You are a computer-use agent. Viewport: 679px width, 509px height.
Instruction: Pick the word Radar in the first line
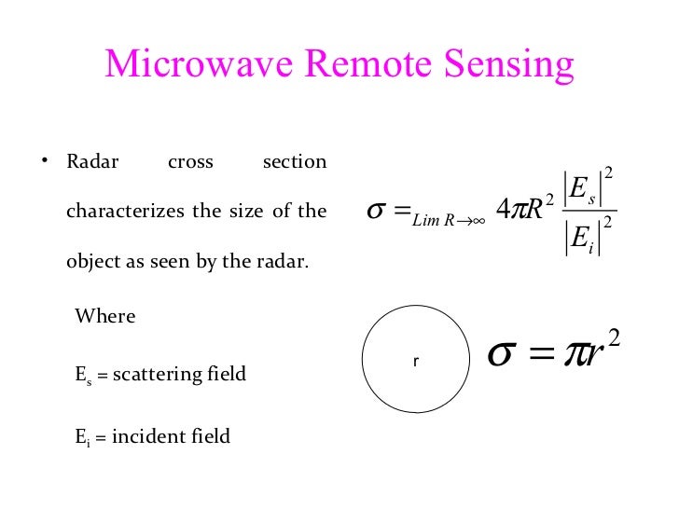[x=92, y=162]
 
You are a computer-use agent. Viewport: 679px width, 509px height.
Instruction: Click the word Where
[x=105, y=316]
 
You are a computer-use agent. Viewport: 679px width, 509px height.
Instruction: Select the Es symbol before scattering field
[x=82, y=376]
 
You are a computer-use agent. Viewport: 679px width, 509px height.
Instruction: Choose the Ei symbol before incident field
[x=81, y=436]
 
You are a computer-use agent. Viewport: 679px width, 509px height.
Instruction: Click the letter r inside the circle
[x=415, y=360]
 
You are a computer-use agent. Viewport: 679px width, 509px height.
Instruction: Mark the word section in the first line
[x=295, y=162]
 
